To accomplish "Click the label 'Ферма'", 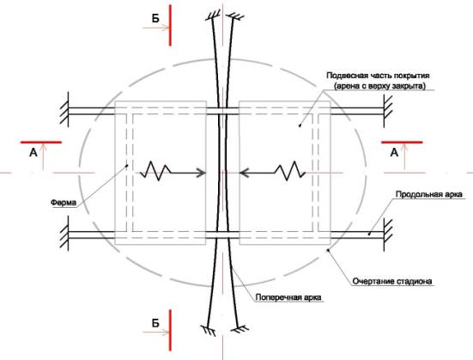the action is point(64,203).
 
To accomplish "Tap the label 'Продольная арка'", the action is point(428,194).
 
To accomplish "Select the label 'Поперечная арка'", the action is point(288,297).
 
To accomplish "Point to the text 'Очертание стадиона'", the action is point(392,281).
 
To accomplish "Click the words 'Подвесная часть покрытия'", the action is point(378,76).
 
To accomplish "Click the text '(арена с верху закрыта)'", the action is point(379,86).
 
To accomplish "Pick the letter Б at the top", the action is point(155,19).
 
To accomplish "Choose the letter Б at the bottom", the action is point(155,323).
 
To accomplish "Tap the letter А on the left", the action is point(33,153).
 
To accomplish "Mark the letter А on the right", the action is point(394,153).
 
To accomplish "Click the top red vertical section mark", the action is point(171,25).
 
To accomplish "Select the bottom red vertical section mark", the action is point(171,330).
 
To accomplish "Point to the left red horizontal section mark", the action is point(41,142).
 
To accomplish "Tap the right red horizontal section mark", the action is point(402,142).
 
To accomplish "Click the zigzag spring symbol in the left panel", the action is point(157,171).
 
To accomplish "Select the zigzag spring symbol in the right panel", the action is point(290,171).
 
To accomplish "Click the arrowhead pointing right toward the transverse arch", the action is point(202,173).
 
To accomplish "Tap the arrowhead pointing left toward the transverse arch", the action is point(244,173).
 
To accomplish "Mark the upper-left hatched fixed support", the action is point(65,109).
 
